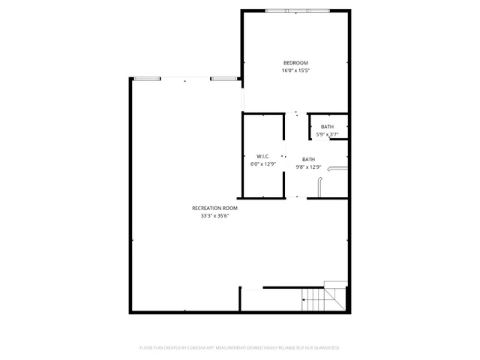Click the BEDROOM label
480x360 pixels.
click(295, 62)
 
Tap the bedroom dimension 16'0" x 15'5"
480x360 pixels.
click(295, 70)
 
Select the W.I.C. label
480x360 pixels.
click(262, 157)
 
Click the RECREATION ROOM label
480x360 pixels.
click(214, 208)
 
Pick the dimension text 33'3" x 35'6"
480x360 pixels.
click(214, 216)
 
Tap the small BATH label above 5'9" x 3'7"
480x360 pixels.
click(327, 127)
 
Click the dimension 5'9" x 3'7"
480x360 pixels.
click(327, 135)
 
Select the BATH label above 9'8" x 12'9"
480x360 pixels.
click(308, 159)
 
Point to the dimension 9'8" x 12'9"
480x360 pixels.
click(308, 167)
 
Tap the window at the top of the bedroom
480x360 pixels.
click(297, 10)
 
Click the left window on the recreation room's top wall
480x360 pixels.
click(146, 78)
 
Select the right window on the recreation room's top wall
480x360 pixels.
click(223, 78)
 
